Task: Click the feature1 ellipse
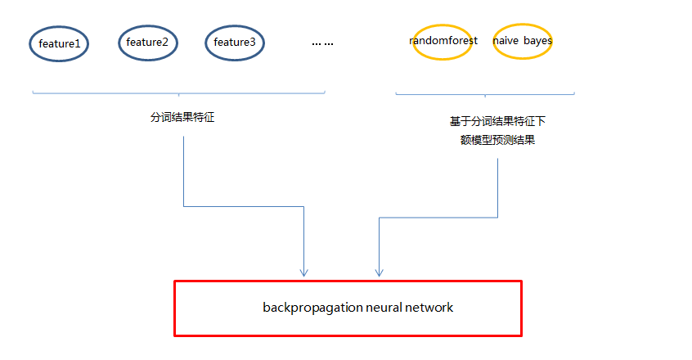pyautogui.click(x=59, y=43)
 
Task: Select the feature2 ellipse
pyautogui.click(x=147, y=43)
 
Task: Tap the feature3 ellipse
pyautogui.click(x=235, y=43)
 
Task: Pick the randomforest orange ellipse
pyautogui.click(x=443, y=41)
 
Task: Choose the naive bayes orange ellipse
pyautogui.click(x=522, y=41)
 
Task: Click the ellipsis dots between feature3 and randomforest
pyautogui.click(x=322, y=43)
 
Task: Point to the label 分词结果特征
pyautogui.click(x=182, y=117)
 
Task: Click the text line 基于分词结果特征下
pyautogui.click(x=497, y=121)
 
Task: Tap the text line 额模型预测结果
pyautogui.click(x=497, y=139)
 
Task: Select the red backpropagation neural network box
pyautogui.click(x=348, y=308)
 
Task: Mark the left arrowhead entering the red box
pyautogui.click(x=304, y=272)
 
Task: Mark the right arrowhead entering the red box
pyautogui.click(x=378, y=272)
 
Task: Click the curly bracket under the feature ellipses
pyautogui.click(x=178, y=94)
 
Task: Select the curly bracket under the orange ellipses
pyautogui.click(x=484, y=94)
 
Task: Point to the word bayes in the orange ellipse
pyautogui.click(x=537, y=40)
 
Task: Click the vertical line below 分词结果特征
pyautogui.click(x=183, y=172)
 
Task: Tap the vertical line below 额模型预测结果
pyautogui.click(x=497, y=188)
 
